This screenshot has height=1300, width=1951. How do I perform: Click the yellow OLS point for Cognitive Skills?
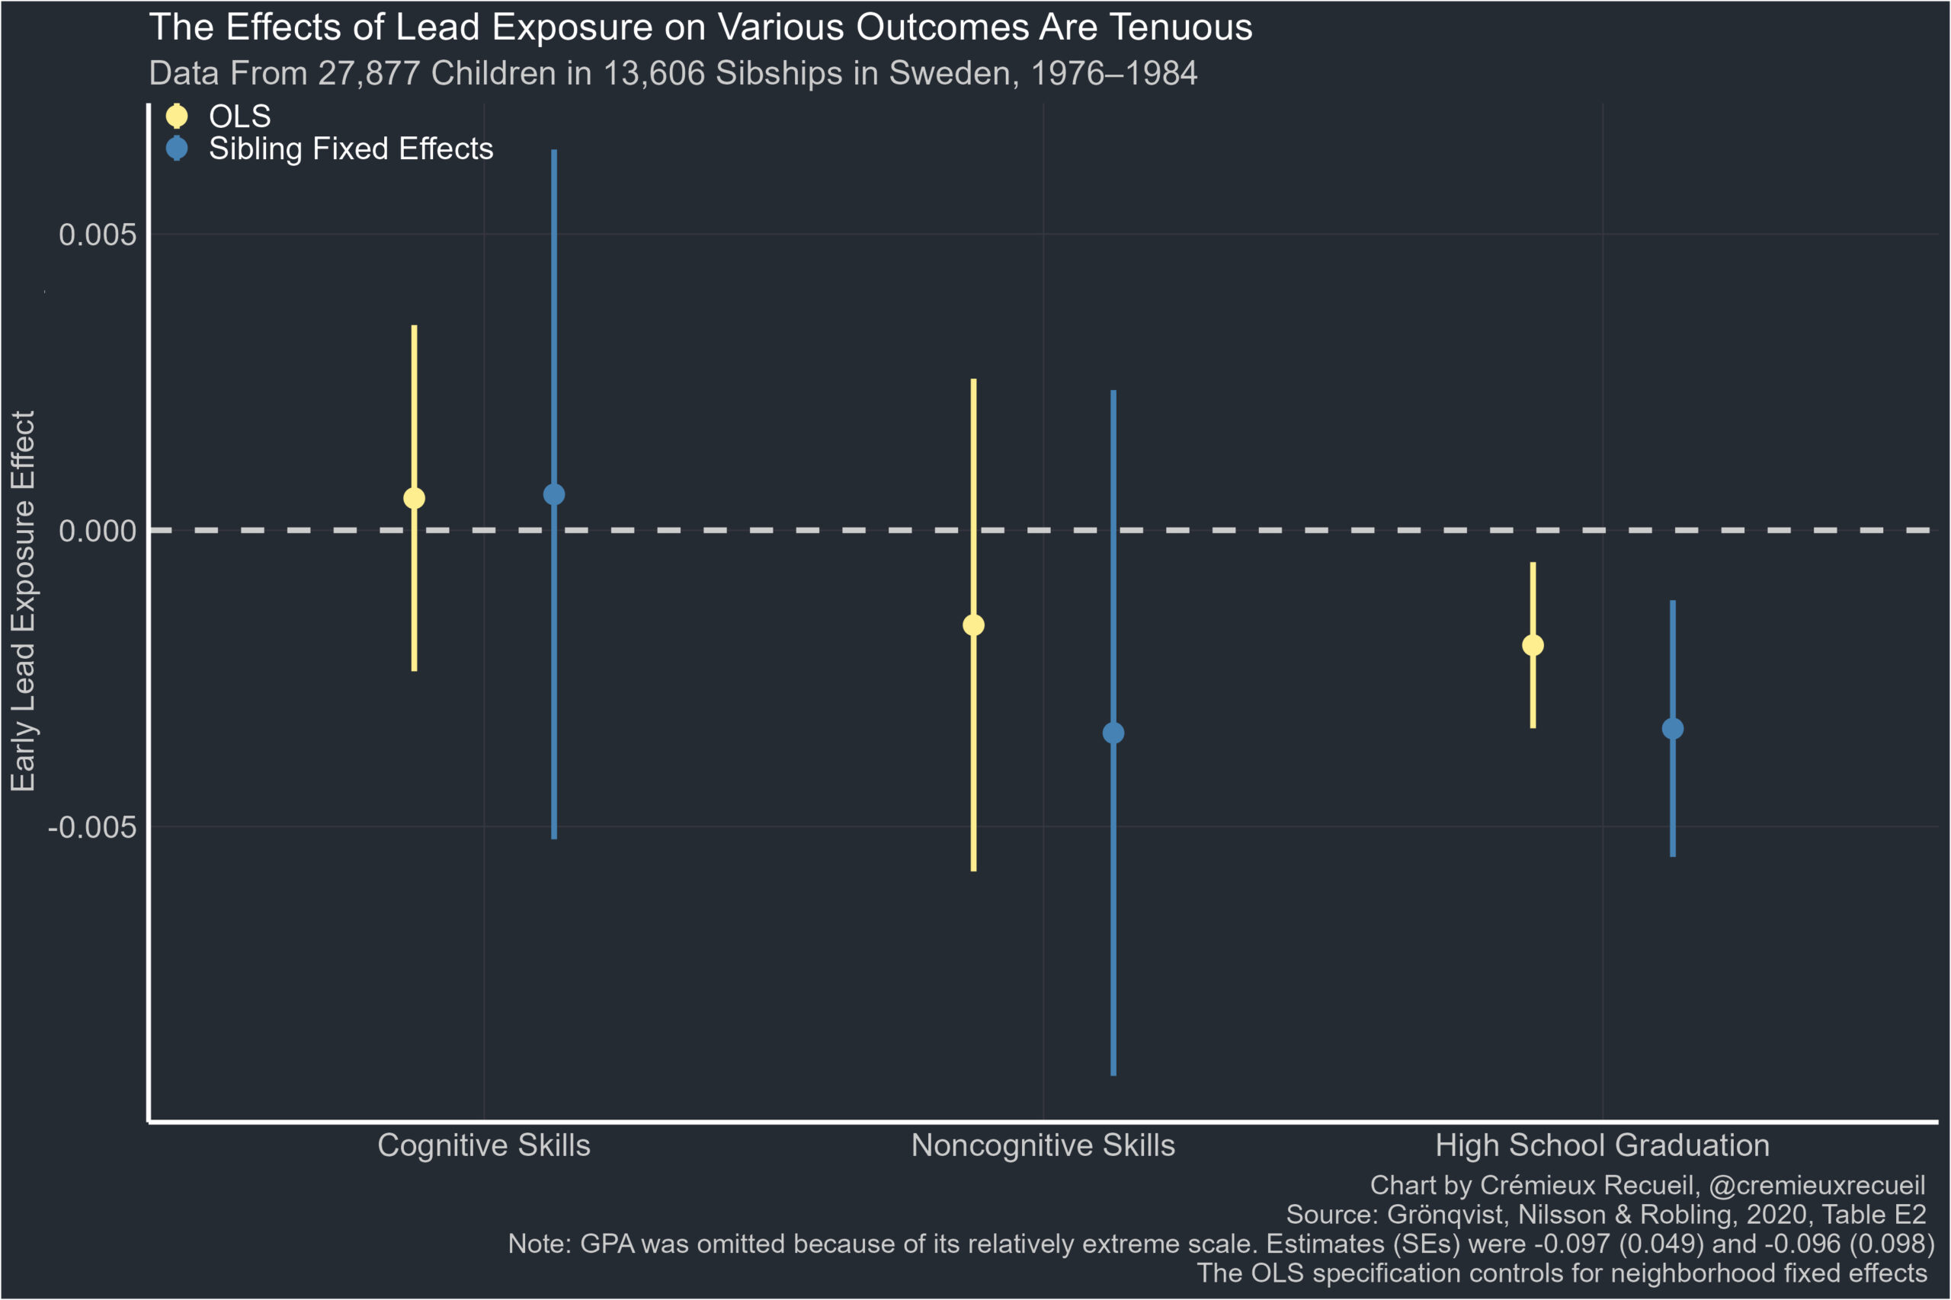coord(414,497)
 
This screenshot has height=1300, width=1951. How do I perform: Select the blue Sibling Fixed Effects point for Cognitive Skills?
coord(554,494)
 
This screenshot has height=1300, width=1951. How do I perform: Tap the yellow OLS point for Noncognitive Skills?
coord(973,625)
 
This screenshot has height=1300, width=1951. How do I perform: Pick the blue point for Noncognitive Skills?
coord(1113,733)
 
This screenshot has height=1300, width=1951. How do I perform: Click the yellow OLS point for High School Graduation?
coord(1533,645)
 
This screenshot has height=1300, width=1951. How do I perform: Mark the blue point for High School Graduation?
coord(1672,729)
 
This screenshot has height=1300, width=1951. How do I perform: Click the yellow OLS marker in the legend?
coord(177,115)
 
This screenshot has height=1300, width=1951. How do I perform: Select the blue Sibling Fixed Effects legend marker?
coord(177,149)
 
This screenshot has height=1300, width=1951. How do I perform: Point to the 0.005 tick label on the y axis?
coord(97,235)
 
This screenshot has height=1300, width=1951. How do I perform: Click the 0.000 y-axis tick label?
coord(97,531)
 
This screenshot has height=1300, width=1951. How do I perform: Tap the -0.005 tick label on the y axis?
coord(92,826)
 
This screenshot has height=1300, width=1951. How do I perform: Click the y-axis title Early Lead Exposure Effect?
coord(22,601)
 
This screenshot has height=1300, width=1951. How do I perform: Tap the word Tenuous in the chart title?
coord(1181,27)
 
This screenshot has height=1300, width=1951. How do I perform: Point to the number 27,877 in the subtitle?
coord(369,74)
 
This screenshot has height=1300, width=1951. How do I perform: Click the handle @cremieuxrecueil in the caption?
coord(1817,1186)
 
